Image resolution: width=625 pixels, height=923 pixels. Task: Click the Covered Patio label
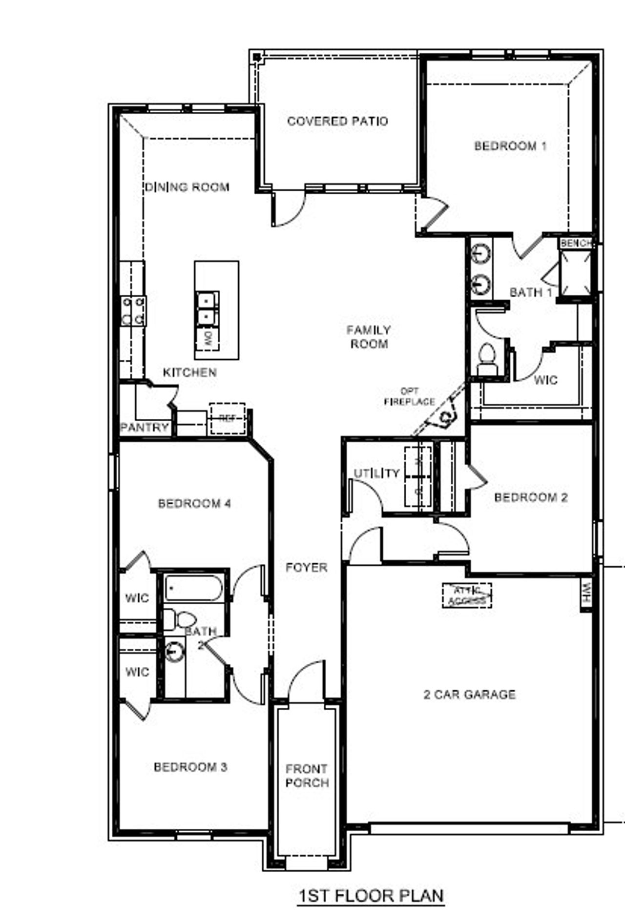(x=337, y=121)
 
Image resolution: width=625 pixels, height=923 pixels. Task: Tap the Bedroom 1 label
(x=510, y=146)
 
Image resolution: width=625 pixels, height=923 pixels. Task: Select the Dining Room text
(x=187, y=187)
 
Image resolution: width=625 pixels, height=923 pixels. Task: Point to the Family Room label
(x=369, y=337)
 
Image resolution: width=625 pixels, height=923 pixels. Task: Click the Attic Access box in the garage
(x=467, y=595)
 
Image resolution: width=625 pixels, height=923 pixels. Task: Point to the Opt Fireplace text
(x=409, y=397)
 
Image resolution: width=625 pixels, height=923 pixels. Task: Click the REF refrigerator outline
(x=227, y=418)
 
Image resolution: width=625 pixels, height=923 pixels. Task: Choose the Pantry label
(x=145, y=428)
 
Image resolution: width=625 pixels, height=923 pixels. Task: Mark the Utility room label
(x=377, y=473)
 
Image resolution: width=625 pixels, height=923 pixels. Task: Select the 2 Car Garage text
(x=469, y=695)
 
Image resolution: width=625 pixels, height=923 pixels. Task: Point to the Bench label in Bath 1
(x=576, y=243)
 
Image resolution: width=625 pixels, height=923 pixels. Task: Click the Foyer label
(x=307, y=567)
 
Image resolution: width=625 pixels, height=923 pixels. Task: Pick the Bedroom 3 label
(x=190, y=767)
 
